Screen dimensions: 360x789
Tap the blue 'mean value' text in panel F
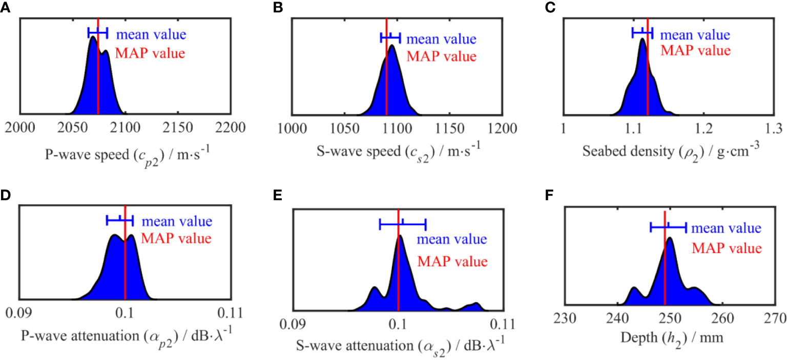(x=726, y=228)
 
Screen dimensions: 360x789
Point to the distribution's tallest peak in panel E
(x=400, y=237)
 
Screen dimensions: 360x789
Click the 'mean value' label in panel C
(x=694, y=35)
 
